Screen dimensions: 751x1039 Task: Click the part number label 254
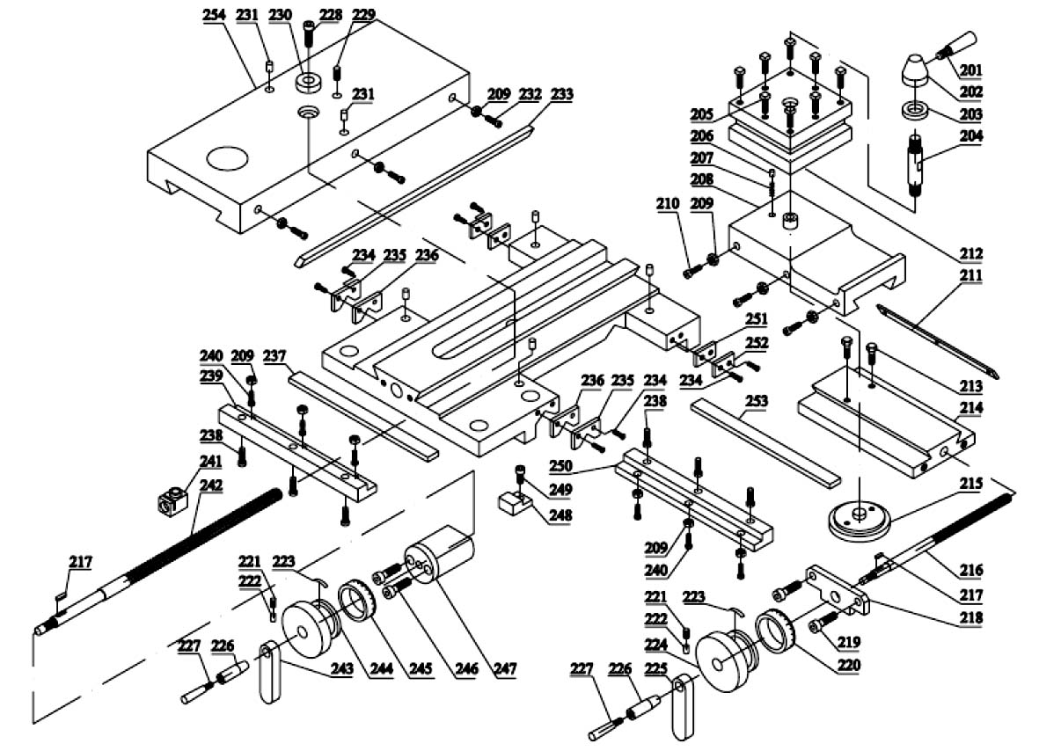(x=214, y=15)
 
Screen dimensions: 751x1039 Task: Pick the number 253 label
(x=757, y=401)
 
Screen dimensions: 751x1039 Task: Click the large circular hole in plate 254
(x=227, y=159)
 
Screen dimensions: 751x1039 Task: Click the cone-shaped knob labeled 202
(x=915, y=69)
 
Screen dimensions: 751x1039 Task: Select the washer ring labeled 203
(x=915, y=111)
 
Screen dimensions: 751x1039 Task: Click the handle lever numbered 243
(x=269, y=672)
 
